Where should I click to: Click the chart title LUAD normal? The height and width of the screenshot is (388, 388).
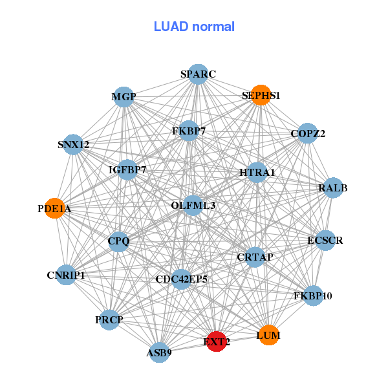pos(194,27)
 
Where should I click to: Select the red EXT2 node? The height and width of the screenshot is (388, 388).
pos(217,341)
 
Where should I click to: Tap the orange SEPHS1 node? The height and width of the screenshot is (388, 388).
pos(261,95)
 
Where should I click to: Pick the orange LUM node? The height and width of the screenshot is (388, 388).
pos(269,335)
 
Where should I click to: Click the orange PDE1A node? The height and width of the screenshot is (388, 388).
pos(55,208)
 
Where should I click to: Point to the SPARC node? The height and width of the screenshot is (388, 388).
pos(198,74)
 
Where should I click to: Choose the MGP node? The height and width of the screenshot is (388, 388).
pos(124,98)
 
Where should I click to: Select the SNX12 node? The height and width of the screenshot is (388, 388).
pos(73,145)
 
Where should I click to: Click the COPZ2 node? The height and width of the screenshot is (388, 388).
pos(308,134)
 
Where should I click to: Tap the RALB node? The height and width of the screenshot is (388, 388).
pos(332,188)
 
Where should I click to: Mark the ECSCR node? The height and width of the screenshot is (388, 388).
pos(325,241)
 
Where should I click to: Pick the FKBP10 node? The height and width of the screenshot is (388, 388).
pos(313,296)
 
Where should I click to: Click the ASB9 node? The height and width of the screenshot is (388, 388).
pos(159,352)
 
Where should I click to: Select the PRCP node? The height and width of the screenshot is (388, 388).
pos(109,319)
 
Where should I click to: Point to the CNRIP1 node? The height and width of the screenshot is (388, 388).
pos(66,275)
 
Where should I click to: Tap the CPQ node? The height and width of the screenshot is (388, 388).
pos(119,241)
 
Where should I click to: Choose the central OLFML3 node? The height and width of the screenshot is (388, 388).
pos(193,205)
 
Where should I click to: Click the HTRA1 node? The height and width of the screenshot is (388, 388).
pos(257,173)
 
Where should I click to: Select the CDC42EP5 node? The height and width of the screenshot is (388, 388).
pos(182,279)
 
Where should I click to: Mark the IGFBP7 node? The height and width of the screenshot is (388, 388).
pos(127,170)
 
